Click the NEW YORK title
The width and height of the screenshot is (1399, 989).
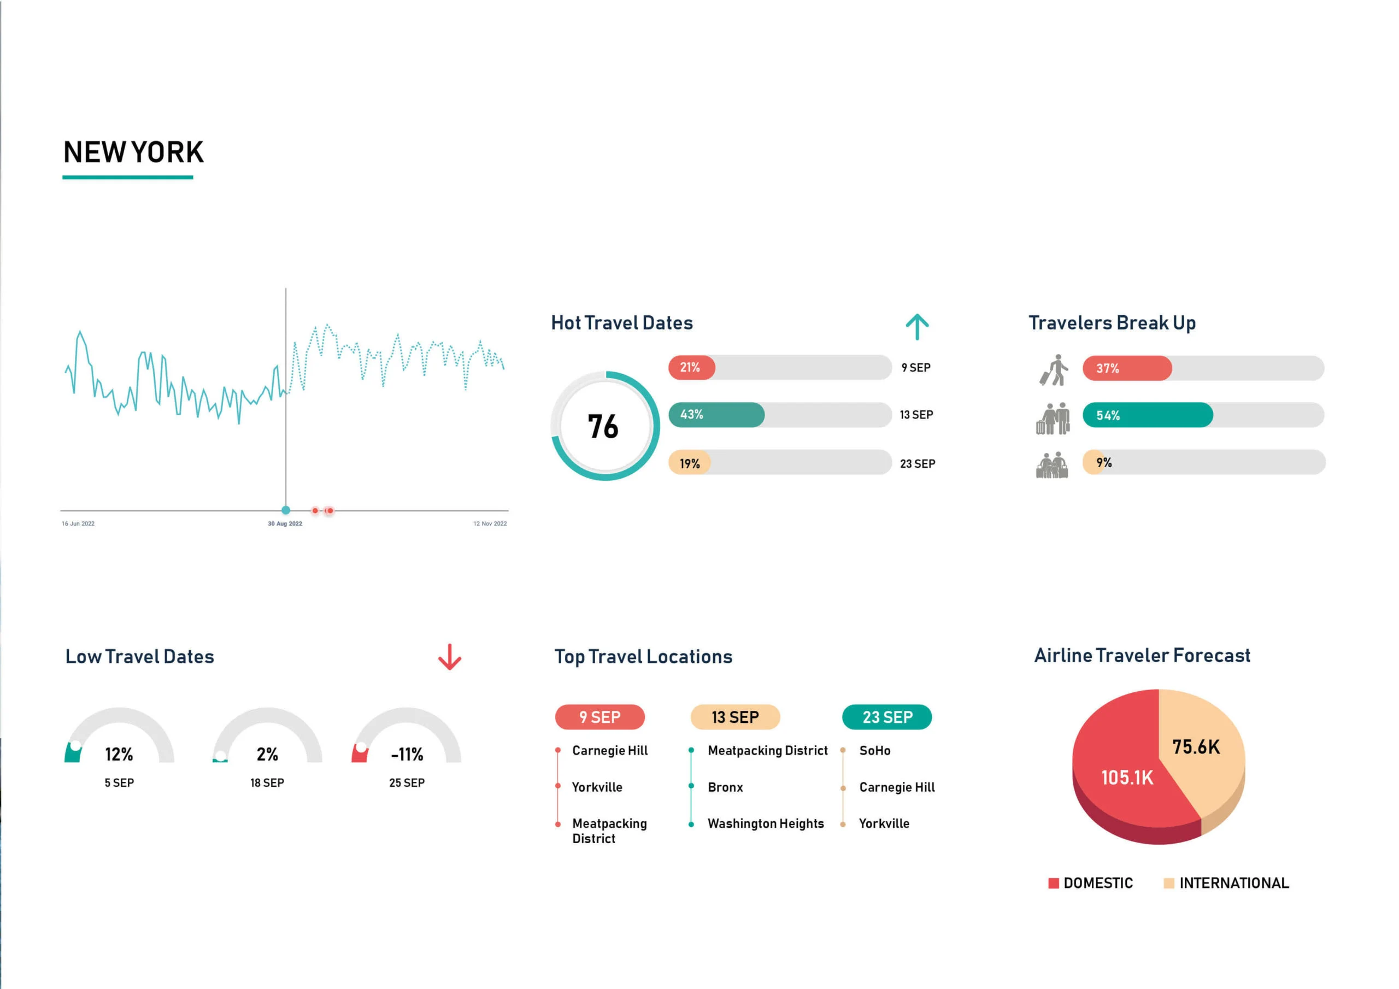coord(133,152)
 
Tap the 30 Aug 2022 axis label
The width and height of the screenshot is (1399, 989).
coord(285,523)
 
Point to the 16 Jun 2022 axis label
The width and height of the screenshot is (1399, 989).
coord(78,523)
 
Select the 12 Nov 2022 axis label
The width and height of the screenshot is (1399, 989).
coord(490,523)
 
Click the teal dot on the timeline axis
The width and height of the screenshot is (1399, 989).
coord(286,510)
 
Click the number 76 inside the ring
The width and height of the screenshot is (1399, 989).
coord(603,427)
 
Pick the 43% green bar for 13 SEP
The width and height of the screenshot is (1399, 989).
coord(716,415)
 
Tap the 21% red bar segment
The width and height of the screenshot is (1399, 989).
coord(691,367)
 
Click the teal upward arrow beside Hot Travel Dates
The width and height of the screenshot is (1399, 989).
coord(917,327)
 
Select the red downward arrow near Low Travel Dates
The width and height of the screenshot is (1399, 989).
coord(450,657)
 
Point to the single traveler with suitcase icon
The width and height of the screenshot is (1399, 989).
coord(1054,370)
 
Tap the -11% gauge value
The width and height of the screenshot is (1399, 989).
coord(407,755)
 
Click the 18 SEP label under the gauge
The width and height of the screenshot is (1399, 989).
coord(267,783)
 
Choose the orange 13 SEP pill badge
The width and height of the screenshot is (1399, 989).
coord(735,717)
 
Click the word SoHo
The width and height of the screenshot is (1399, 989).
coord(874,751)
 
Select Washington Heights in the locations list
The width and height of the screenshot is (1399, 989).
coord(765,824)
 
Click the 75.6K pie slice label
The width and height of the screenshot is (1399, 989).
coord(1196,747)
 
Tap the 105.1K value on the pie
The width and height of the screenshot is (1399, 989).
coord(1127,778)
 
